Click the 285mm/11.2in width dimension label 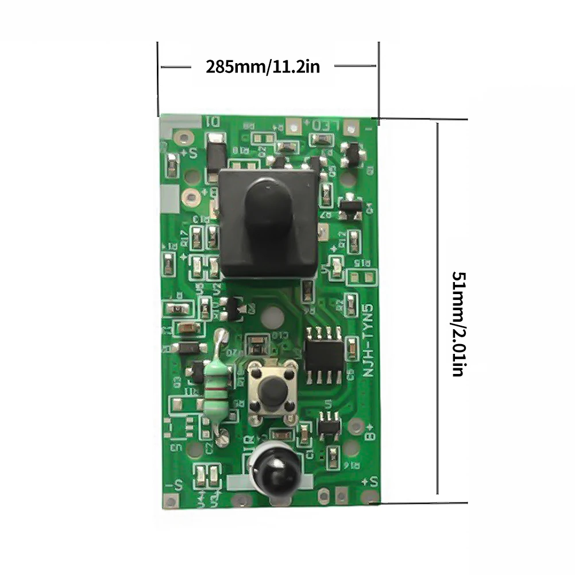coord(263,67)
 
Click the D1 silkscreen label coord(212,122)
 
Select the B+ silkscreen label coord(368,428)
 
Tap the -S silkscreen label coord(172,487)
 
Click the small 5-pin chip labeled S coord(330,426)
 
